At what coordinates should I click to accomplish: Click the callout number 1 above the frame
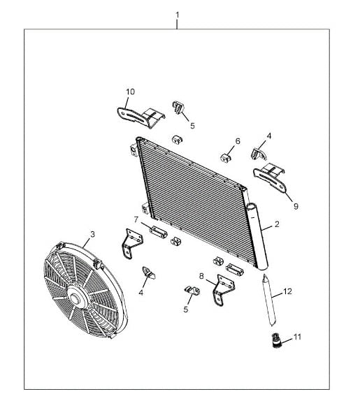click(178, 15)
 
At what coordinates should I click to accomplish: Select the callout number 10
click(131, 92)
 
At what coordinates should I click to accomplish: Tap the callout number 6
click(238, 141)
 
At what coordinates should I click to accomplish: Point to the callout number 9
click(296, 206)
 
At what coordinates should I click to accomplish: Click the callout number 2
click(277, 224)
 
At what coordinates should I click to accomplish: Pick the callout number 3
click(92, 234)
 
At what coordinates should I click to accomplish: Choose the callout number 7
click(136, 220)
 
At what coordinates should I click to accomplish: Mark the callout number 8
click(201, 276)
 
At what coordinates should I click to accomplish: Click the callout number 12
click(287, 291)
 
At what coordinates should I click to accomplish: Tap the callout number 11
click(297, 337)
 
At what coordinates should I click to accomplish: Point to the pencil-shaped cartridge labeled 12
click(269, 300)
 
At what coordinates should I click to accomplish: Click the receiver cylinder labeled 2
click(257, 235)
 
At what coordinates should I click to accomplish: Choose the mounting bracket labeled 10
click(141, 117)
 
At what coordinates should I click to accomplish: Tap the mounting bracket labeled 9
click(271, 177)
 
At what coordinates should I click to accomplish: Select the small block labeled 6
click(226, 158)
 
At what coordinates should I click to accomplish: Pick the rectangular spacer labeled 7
click(158, 231)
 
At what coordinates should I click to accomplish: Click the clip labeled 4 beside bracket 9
click(259, 154)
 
